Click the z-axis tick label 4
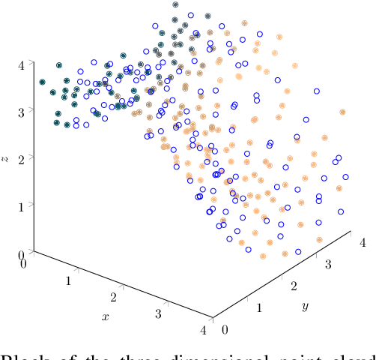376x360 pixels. point(22,64)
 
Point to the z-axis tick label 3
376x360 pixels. point(22,110)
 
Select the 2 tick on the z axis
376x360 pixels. point(22,157)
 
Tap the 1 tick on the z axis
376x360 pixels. point(22,204)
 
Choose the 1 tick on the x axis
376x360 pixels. point(70,280)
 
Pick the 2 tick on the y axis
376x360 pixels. point(295,286)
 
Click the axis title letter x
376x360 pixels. point(106,317)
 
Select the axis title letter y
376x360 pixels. point(305,307)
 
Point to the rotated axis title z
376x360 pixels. point(6,158)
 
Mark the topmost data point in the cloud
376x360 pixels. point(175,4)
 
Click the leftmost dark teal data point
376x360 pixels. point(43,82)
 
